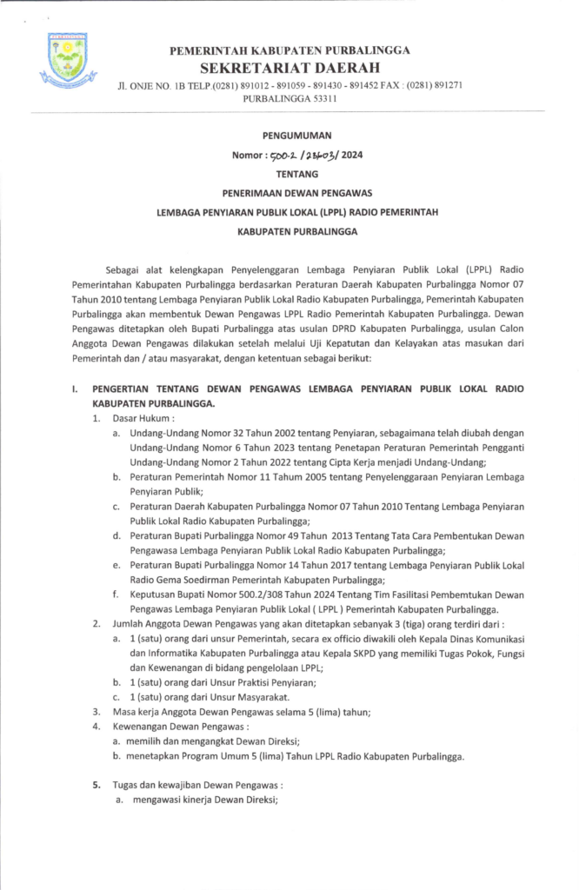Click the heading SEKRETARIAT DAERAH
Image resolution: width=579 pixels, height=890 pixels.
click(289, 67)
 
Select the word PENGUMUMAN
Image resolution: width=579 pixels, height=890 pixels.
click(290, 135)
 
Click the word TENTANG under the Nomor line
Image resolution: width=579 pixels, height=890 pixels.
click(290, 174)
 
